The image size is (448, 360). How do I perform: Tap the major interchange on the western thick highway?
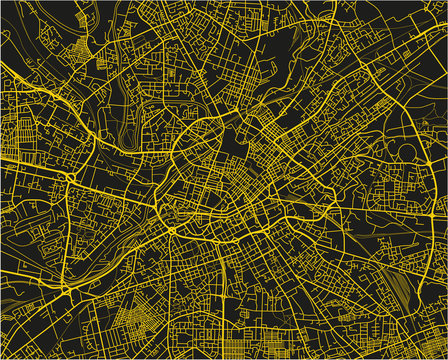pos(70,177)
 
